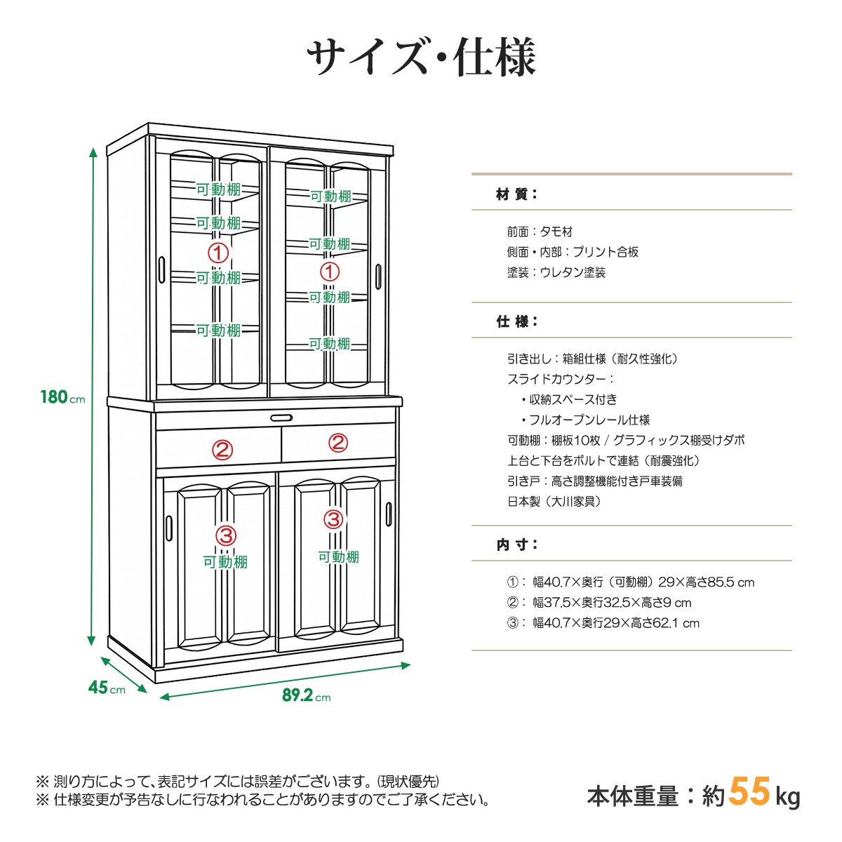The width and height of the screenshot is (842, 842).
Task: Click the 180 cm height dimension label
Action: tap(62, 397)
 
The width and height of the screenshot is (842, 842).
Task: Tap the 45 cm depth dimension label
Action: tap(107, 688)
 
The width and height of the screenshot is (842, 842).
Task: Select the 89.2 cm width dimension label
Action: tap(307, 695)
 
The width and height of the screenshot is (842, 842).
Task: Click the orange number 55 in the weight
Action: tap(749, 791)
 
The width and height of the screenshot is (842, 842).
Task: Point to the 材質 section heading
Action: tap(516, 194)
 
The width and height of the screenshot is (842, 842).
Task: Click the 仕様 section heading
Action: tap(516, 321)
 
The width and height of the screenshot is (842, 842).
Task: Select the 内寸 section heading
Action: tap(516, 545)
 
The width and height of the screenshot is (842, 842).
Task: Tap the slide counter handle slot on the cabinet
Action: tap(281, 418)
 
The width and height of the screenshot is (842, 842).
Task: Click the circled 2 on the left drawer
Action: tap(222, 450)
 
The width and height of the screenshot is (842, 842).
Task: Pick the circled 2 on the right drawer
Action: tap(338, 442)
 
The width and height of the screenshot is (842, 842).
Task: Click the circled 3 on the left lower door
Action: tap(226, 535)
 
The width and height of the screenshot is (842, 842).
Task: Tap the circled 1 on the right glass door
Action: tap(330, 272)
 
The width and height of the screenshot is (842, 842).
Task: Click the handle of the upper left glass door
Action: tap(161, 269)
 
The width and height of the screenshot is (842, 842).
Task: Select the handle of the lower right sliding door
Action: tap(389, 514)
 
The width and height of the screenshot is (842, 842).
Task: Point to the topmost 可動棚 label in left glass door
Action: tap(218, 189)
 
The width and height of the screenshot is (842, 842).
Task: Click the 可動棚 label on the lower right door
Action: tap(339, 556)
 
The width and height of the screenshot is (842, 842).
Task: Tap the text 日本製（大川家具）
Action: tap(554, 502)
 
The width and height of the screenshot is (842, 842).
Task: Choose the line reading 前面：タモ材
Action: tap(540, 232)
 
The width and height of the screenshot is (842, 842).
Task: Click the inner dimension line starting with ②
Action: tap(599, 603)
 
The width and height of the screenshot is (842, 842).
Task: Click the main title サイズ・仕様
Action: tap(422, 58)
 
